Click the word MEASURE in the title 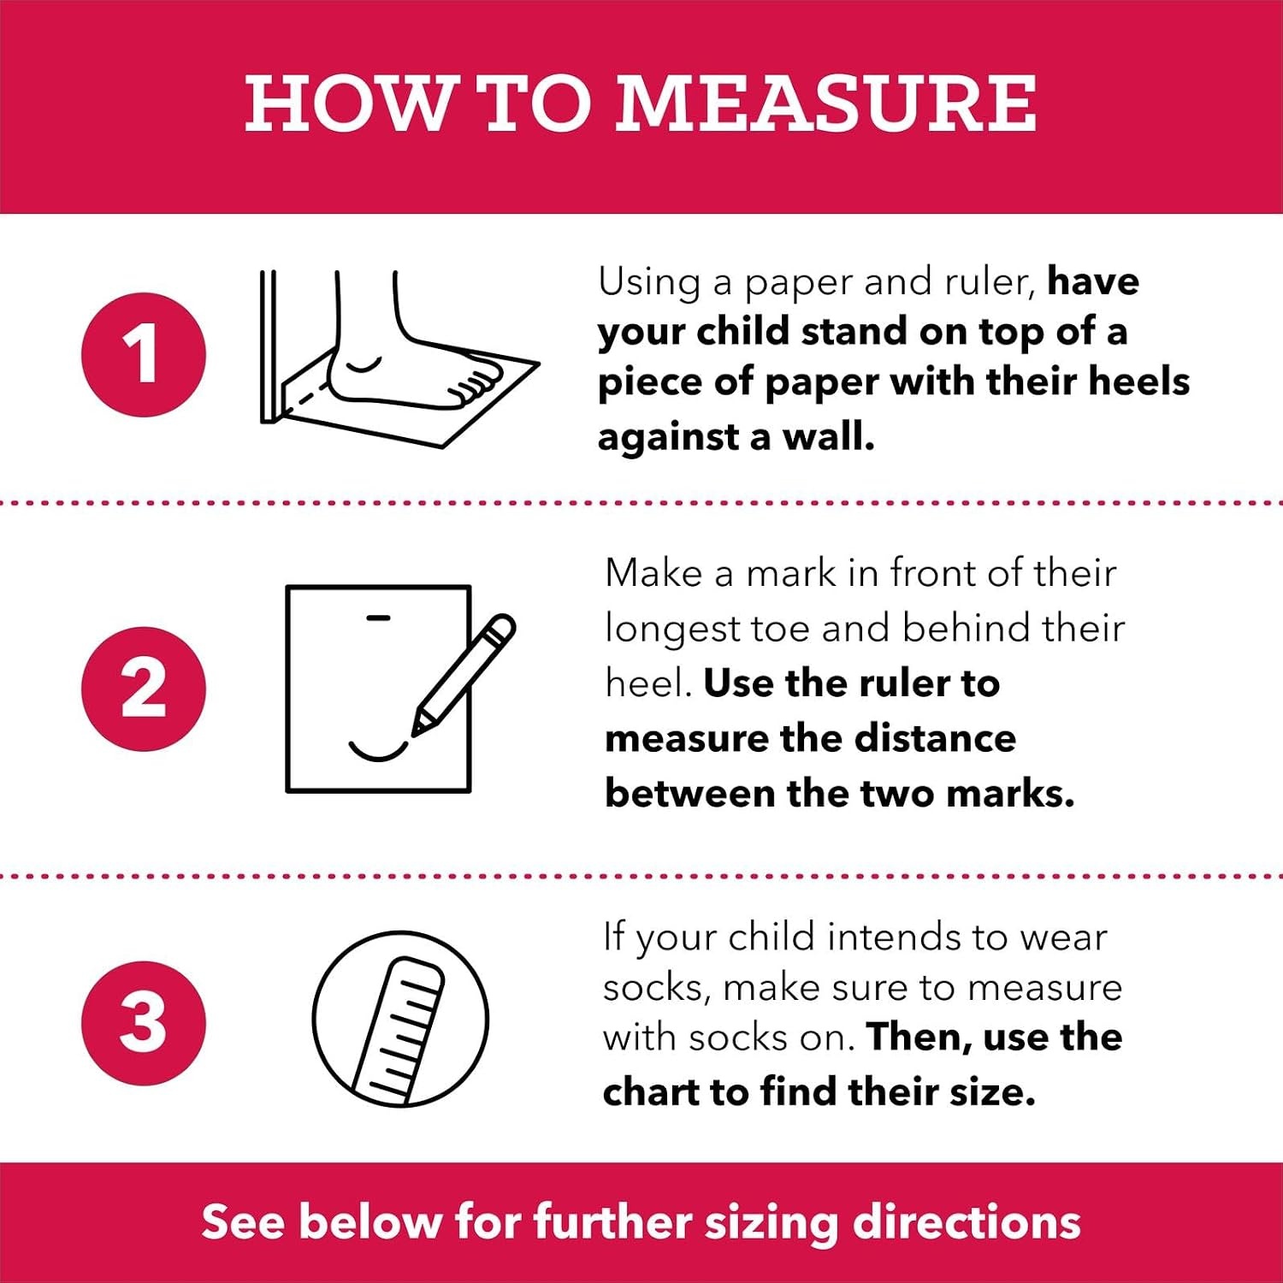[x=826, y=103]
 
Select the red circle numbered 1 [x=144, y=355]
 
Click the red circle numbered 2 [x=144, y=689]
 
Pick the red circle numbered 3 [x=144, y=1023]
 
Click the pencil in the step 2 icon [x=464, y=674]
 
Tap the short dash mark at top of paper [x=378, y=617]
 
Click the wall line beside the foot [x=269, y=346]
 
